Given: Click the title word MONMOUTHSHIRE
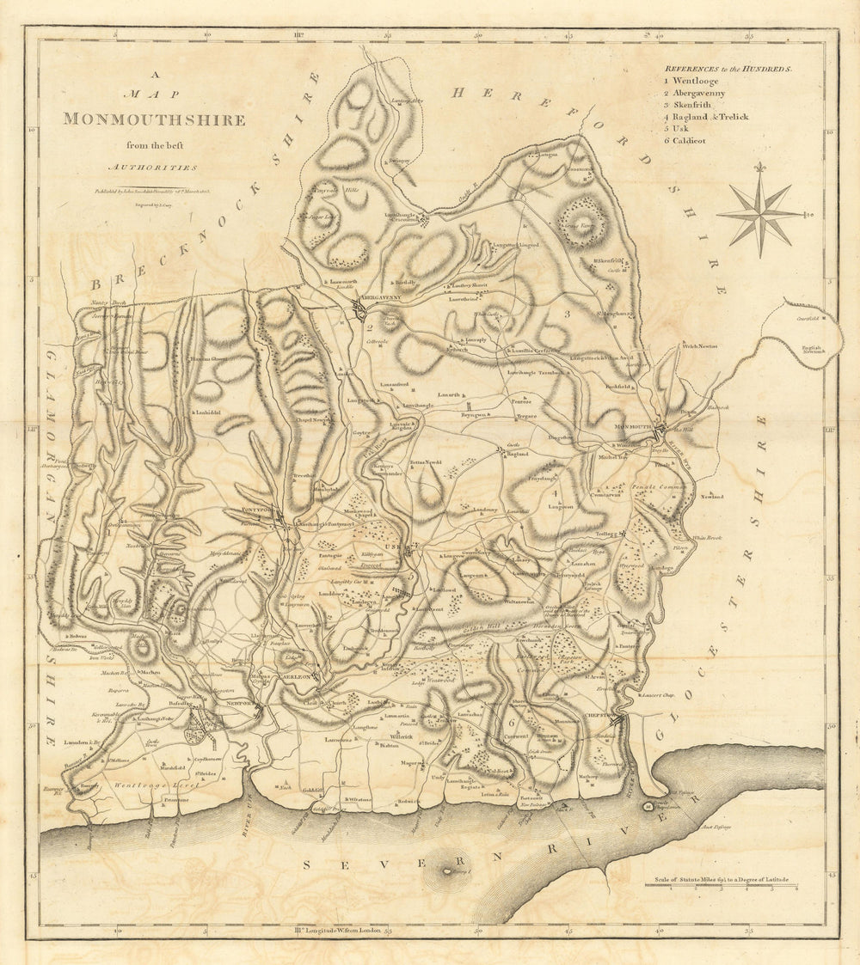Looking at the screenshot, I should click(153, 120).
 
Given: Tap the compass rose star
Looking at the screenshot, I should click(761, 213).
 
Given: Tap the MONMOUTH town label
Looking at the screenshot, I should click(634, 427).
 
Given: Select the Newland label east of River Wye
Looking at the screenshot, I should click(711, 497).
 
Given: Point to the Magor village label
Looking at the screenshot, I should click(409, 762).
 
